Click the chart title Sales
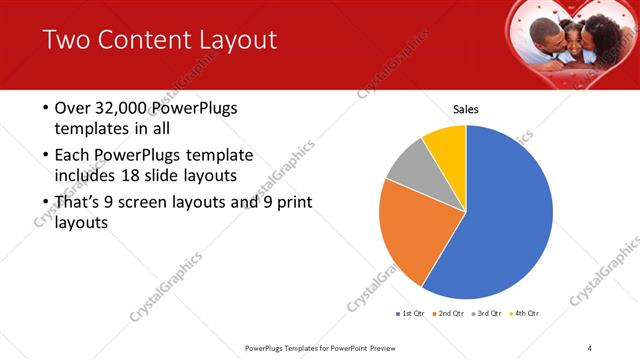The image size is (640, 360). (x=466, y=108)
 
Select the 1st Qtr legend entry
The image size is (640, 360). (x=411, y=314)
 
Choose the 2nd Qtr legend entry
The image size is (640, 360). (x=449, y=314)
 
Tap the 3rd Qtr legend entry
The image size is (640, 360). (x=487, y=314)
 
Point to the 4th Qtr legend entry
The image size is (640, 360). (x=525, y=314)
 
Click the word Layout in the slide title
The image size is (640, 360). (x=232, y=40)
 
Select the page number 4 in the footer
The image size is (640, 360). (x=590, y=347)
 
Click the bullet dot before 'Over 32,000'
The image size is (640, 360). (x=46, y=108)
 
